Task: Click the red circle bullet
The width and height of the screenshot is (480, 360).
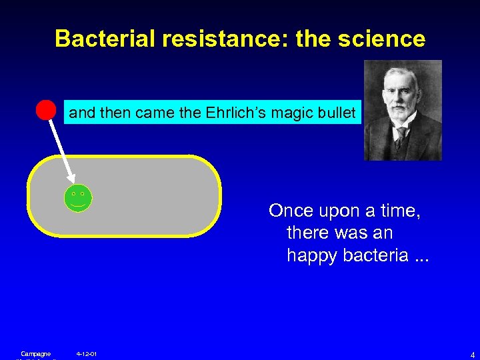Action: click(x=45, y=110)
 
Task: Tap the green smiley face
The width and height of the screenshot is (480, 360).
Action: click(x=78, y=197)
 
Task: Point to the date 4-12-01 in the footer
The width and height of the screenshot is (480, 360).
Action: click(x=87, y=353)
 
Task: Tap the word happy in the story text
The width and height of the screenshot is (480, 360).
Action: click(x=311, y=256)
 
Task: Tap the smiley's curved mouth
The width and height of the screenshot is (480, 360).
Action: click(x=78, y=205)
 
